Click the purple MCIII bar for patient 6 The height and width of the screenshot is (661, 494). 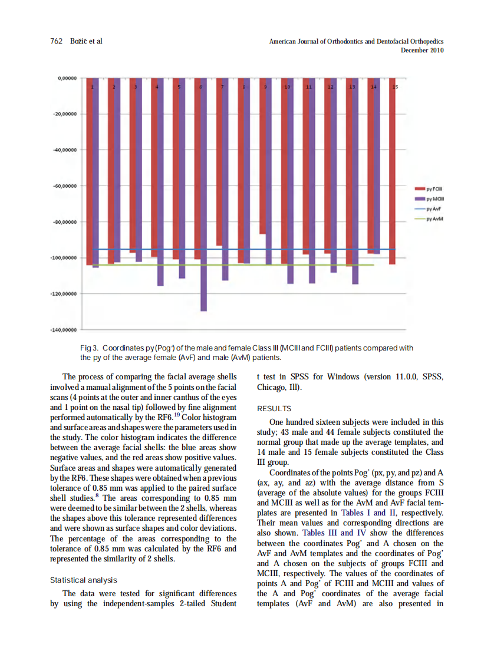[x=204, y=194]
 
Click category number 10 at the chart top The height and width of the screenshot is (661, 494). [x=287, y=87]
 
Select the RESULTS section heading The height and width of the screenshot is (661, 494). [x=274, y=408]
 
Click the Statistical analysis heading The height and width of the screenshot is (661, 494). [x=84, y=580]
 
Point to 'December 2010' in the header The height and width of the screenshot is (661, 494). [x=422, y=51]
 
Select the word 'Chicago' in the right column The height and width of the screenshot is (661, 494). [x=271, y=388]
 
